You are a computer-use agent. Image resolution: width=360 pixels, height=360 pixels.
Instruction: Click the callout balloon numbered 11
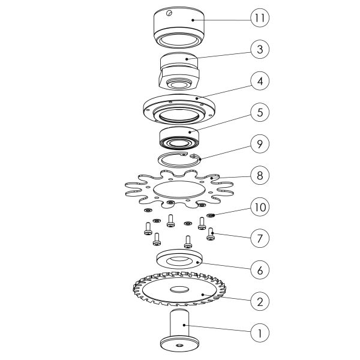point(260,18)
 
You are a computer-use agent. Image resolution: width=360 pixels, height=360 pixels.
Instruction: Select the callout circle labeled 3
point(260,49)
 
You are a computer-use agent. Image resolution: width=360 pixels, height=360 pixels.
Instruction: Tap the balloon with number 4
point(260,81)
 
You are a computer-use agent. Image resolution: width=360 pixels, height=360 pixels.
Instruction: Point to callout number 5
point(260,113)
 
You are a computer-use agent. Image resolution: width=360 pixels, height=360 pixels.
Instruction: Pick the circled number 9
point(260,144)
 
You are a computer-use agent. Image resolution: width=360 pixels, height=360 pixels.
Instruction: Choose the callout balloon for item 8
point(260,175)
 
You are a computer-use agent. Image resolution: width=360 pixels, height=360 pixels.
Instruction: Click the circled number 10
point(260,207)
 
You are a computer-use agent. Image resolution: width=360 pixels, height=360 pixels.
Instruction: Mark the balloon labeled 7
point(260,238)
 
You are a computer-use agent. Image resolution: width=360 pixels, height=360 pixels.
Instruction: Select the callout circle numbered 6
point(260,270)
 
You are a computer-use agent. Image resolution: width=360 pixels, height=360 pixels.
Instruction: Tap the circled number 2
point(260,301)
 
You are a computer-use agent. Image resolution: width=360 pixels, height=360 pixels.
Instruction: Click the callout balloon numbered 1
point(260,333)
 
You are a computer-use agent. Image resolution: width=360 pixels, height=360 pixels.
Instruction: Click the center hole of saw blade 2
point(179,289)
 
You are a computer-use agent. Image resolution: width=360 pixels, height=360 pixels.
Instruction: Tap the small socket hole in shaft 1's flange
point(179,345)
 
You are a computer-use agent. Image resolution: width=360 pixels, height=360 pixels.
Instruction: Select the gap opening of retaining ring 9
point(189,155)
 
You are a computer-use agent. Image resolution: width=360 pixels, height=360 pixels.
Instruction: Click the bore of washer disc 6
point(179,260)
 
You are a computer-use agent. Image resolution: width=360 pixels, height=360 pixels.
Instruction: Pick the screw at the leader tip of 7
point(211,234)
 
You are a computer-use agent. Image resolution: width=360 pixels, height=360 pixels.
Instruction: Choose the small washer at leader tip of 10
point(211,215)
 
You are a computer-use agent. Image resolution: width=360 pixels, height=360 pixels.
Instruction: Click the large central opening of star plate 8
point(179,190)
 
